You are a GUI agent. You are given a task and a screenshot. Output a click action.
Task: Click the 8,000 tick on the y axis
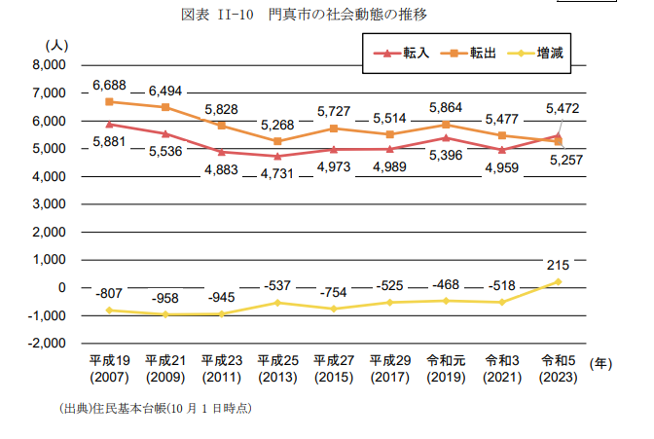(x=48, y=65)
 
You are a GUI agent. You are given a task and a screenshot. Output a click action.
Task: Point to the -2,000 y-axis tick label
(x=47, y=344)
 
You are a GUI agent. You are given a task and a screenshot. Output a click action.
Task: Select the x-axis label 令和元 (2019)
(x=445, y=369)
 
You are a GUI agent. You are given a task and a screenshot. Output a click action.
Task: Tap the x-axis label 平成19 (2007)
(x=109, y=369)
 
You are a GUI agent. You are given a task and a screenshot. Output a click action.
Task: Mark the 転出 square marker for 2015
(x=333, y=128)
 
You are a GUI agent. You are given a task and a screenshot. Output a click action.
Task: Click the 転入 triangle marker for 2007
(x=109, y=124)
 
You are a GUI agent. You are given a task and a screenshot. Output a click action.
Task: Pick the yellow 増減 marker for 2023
(x=558, y=281)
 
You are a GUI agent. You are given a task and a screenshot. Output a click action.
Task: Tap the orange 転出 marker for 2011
(x=221, y=126)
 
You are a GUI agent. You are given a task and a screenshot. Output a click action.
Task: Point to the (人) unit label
(x=55, y=45)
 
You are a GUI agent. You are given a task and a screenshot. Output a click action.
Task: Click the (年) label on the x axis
(x=602, y=363)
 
